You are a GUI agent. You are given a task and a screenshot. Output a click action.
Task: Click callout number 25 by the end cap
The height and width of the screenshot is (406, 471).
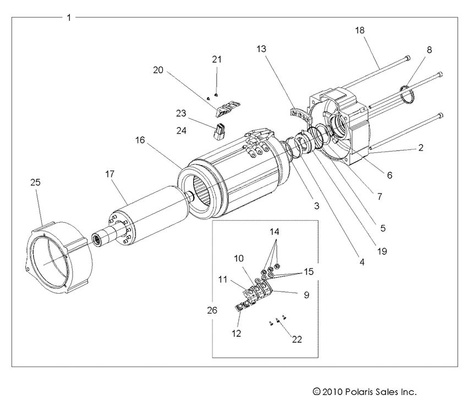(35, 182)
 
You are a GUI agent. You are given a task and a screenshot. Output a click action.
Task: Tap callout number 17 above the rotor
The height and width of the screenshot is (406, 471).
(110, 173)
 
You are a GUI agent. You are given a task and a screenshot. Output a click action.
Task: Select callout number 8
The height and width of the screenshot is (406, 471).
(429, 50)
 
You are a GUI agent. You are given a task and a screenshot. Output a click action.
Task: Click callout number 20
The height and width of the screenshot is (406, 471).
(158, 70)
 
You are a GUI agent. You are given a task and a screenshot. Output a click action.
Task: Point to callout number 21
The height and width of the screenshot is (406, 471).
(217, 59)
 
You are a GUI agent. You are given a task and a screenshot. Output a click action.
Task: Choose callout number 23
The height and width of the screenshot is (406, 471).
(181, 114)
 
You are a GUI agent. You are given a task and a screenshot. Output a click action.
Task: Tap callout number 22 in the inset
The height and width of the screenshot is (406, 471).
(297, 339)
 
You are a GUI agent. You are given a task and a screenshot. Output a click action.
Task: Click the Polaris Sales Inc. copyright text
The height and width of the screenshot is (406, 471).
(364, 392)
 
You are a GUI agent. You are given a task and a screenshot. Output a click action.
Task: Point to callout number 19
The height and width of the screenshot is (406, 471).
(381, 251)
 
